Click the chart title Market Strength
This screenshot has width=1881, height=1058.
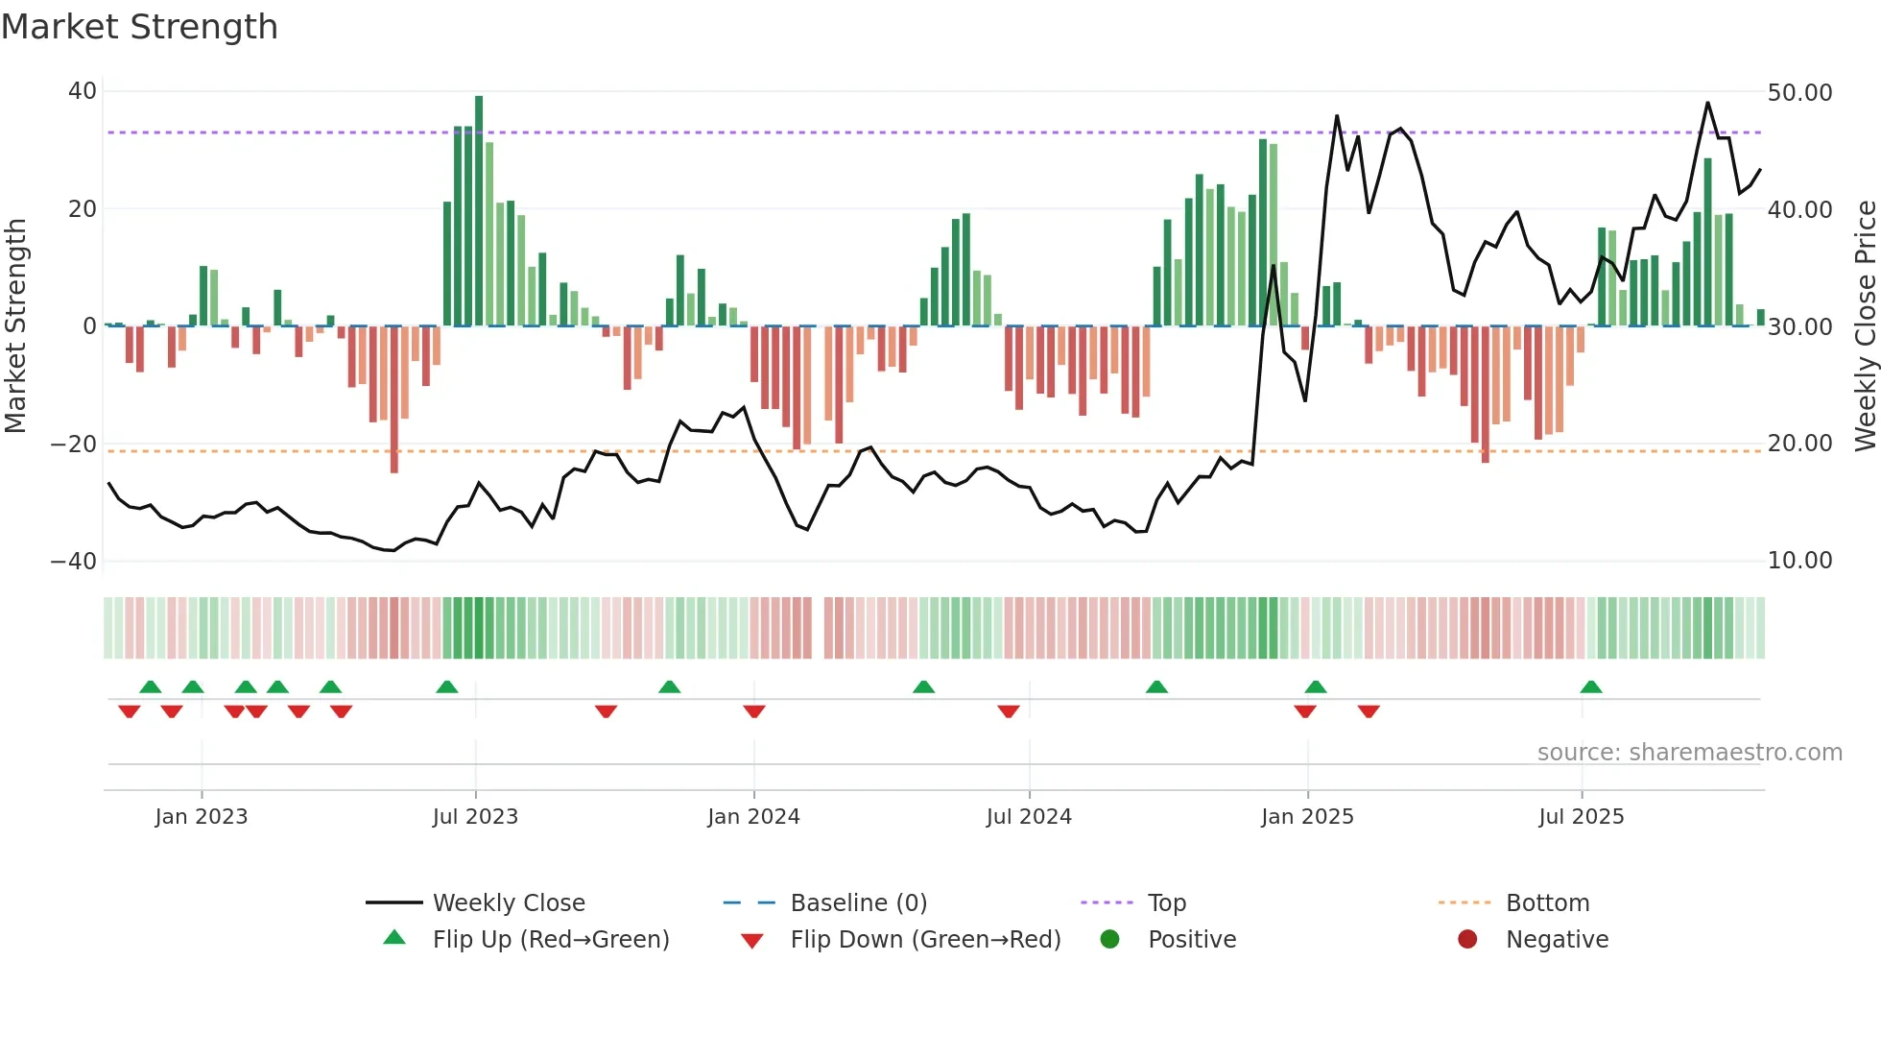click(139, 27)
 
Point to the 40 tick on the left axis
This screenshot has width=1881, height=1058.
click(83, 91)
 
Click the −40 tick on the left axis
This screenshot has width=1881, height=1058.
click(74, 561)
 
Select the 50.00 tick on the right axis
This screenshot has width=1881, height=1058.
click(1799, 93)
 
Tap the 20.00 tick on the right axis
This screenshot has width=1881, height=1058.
click(1799, 444)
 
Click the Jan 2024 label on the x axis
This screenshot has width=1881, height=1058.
click(753, 817)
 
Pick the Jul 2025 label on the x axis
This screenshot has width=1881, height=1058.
click(1581, 817)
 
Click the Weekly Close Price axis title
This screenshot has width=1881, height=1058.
click(1865, 325)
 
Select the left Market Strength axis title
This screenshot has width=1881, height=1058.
click(16, 325)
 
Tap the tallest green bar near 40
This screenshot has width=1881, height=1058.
click(479, 211)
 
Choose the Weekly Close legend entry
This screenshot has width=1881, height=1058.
click(508, 903)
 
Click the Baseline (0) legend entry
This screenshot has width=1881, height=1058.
click(858, 903)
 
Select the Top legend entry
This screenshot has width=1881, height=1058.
click(1166, 903)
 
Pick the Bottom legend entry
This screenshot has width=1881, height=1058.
click(1547, 903)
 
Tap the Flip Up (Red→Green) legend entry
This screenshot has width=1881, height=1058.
click(550, 940)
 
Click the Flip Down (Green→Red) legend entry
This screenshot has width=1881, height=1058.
click(924, 940)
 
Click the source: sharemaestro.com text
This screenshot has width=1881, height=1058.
click(1689, 753)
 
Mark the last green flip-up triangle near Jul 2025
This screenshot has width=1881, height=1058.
click(1591, 687)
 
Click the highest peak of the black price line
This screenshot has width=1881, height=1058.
click(1707, 104)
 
